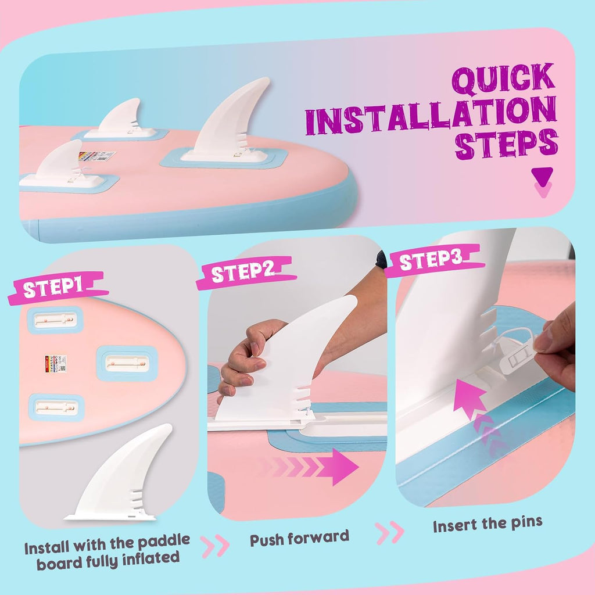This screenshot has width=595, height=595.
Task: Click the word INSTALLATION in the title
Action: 431,115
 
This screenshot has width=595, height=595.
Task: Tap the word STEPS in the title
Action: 506,145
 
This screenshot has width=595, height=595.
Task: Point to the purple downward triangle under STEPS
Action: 542,177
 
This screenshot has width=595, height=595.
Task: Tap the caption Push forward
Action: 299,538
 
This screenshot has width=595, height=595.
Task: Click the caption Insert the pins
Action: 488,525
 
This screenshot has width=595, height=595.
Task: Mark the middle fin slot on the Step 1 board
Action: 127,364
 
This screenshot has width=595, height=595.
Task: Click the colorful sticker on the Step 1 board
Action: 56,364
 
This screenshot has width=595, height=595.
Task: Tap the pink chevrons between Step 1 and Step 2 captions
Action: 215,546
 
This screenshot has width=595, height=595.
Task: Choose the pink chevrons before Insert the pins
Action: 389,532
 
